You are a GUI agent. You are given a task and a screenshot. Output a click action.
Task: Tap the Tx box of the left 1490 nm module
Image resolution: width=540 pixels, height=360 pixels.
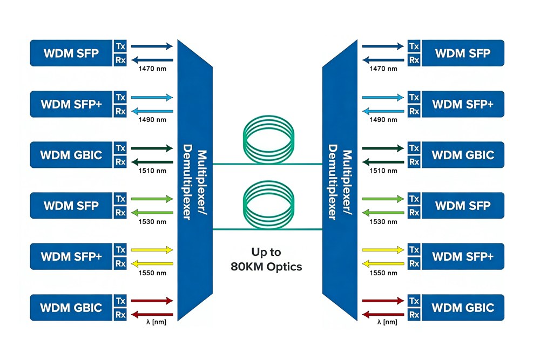click(120, 97)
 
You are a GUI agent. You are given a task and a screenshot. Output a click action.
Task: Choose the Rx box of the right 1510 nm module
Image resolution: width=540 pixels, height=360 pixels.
click(414, 162)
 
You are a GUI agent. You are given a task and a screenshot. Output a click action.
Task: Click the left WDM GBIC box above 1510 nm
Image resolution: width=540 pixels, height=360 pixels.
click(71, 155)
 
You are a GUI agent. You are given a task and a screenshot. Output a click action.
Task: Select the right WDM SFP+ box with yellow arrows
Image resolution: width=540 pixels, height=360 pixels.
click(463, 256)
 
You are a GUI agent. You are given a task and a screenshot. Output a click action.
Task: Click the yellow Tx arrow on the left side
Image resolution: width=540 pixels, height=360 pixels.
click(152, 250)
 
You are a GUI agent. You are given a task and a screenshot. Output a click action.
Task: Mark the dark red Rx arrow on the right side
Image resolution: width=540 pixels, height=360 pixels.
click(382, 314)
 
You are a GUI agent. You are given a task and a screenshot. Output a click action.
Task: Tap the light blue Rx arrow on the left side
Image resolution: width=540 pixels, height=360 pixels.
click(152, 111)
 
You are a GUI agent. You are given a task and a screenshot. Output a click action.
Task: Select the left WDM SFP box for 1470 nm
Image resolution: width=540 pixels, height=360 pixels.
click(71, 53)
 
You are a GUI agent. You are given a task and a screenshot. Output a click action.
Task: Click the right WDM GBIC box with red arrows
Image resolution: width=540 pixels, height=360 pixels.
click(463, 308)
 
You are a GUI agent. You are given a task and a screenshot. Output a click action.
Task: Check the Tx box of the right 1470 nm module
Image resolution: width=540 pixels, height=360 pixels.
click(414, 46)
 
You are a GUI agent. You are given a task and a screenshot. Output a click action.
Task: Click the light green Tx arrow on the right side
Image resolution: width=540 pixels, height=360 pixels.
click(382, 199)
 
